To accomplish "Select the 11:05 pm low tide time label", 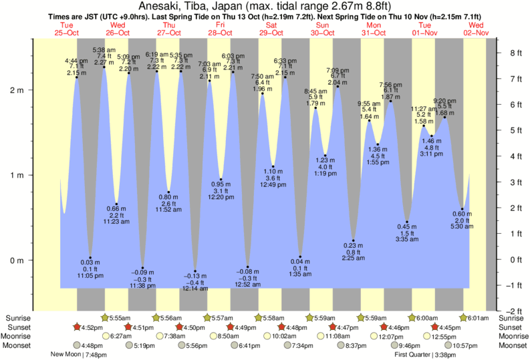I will coord(90,275).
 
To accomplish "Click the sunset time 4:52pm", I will coord(92,327).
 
